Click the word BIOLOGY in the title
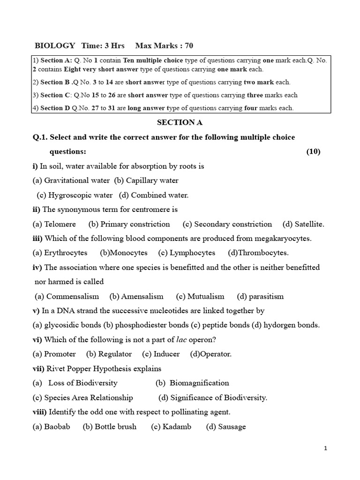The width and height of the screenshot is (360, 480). tap(55, 45)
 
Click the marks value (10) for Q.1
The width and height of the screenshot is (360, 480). tap(313, 151)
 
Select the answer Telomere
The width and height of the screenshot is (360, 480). tap(60, 224)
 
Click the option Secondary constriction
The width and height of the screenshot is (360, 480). tap(232, 224)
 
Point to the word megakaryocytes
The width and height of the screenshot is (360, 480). tap(282, 239)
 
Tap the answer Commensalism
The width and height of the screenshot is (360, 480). tap(72, 296)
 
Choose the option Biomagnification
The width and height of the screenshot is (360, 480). tap(199, 383)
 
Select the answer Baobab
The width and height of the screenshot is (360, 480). tap(56, 427)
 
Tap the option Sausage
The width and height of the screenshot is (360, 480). tap(232, 427)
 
